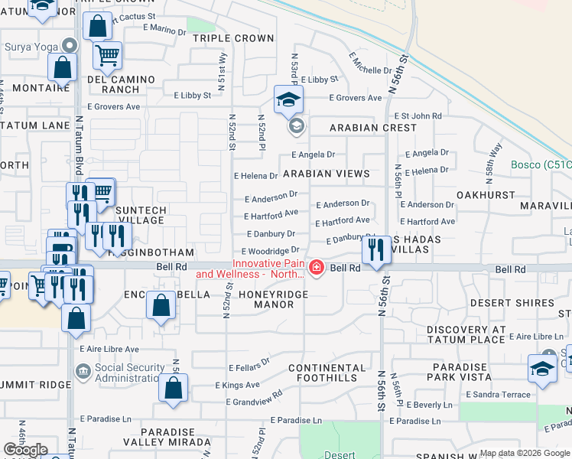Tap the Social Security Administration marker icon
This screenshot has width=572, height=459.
click(82, 372)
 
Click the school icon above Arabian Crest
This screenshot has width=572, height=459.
click(289, 99)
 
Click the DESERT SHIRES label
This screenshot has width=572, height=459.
click(512, 303)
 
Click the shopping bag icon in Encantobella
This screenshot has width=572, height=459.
click(161, 306)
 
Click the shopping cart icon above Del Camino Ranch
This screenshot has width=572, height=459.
click(108, 55)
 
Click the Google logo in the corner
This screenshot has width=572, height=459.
click(25, 450)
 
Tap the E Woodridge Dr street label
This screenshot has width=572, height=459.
click(270, 251)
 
